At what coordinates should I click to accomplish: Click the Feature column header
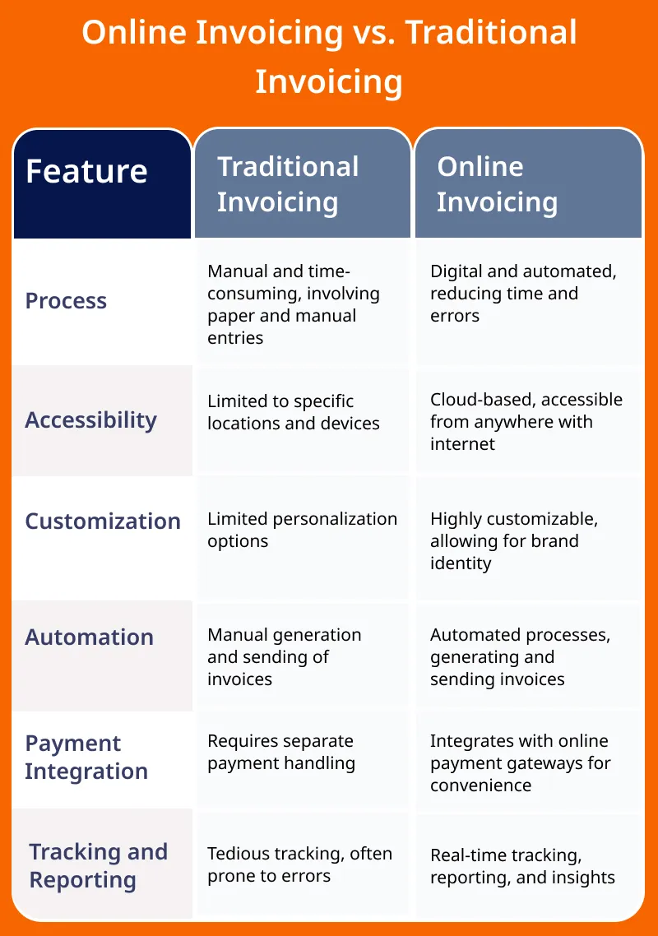point(86,172)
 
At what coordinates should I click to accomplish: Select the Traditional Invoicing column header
point(288,184)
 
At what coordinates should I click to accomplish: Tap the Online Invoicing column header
point(497,184)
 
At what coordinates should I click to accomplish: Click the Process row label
point(66,301)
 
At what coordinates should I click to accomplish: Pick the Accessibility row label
point(90,421)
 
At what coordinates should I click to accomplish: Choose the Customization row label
point(103,521)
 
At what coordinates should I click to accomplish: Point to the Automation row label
point(89,637)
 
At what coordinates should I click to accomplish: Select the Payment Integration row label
point(86,758)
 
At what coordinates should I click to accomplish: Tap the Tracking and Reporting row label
point(98,866)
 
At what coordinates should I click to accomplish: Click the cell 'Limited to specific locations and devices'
point(293,413)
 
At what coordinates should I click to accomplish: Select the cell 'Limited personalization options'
point(302,530)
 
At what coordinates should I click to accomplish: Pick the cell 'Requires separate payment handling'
point(281,752)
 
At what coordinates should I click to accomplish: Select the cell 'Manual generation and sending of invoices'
point(285,656)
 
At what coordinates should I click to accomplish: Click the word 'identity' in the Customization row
point(461,563)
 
